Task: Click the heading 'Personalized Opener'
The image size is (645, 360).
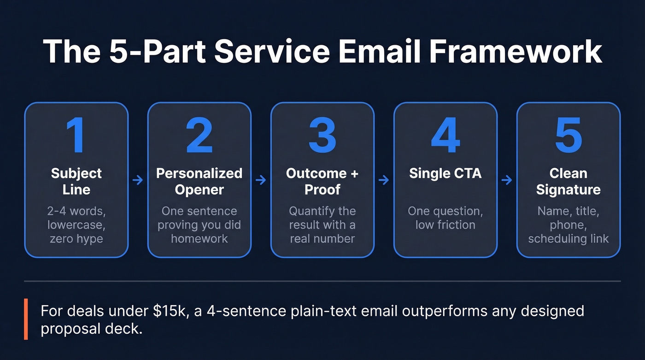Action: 199,181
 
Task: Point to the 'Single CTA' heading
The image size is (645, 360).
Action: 445,173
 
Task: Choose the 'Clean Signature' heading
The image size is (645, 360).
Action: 568,181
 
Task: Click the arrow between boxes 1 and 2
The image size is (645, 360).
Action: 138,180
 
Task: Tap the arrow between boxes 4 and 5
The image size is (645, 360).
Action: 507,180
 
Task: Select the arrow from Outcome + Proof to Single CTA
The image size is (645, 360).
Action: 384,180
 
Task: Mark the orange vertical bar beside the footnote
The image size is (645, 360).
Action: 26,319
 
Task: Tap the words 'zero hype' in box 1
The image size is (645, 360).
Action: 76,239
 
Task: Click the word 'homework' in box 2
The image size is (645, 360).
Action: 199,239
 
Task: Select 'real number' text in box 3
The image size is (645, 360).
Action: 322,239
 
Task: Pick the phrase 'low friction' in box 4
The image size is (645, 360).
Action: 445,225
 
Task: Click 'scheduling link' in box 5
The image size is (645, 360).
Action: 568,239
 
